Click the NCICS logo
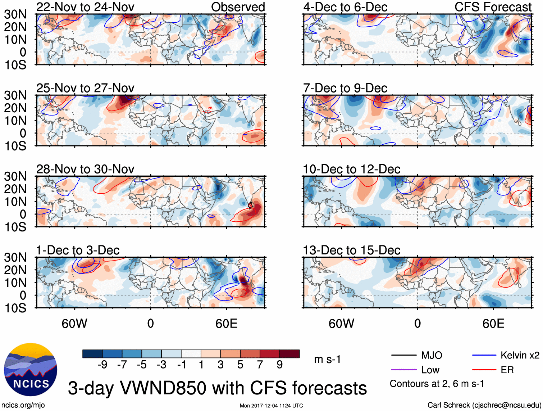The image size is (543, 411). click(30, 370)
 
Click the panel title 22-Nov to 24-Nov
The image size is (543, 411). click(85, 7)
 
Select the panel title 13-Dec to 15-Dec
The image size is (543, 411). click(351, 250)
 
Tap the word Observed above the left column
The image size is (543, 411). click(238, 7)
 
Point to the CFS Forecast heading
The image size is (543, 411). click(493, 7)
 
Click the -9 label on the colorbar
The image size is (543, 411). click(102, 365)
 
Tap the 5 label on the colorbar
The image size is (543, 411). click(240, 365)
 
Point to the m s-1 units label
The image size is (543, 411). click(327, 360)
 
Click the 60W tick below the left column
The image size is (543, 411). click(74, 324)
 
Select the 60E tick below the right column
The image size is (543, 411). click(493, 324)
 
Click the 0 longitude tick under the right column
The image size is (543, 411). click(417, 324)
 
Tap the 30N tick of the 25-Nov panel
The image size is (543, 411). click(15, 95)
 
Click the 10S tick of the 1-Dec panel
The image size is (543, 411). click(15, 308)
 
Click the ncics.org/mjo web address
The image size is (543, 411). click(23, 405)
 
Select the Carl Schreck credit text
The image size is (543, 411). click(484, 405)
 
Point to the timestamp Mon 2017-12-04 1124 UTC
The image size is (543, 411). click(271, 406)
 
